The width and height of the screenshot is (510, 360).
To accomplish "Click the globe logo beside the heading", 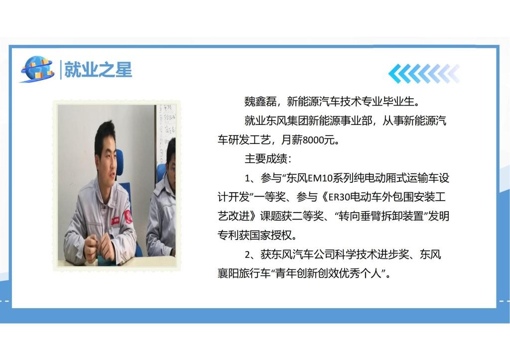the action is coord(37,69).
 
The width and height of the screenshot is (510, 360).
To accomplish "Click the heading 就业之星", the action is coord(98,70).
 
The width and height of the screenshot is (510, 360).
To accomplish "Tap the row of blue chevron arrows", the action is coord(424,74).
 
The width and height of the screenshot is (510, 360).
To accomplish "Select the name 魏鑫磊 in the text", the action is coord(260,102).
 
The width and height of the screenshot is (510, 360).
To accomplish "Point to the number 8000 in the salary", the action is coord(314,140).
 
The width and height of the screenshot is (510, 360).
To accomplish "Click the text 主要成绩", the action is coord(266,159).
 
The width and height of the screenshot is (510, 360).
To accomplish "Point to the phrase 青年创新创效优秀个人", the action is coord(328,273).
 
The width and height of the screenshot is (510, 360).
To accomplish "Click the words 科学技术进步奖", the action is coord(378,254).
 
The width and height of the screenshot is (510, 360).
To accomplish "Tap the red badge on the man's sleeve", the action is coord(127,217).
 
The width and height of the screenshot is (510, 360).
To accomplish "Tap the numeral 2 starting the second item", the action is coord(248,254).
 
